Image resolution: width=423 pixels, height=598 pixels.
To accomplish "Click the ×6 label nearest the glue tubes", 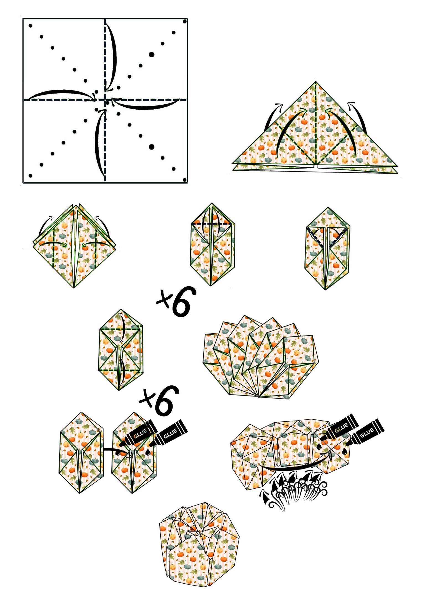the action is click(159, 401).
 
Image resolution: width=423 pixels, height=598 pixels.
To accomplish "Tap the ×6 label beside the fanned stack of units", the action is click(176, 301).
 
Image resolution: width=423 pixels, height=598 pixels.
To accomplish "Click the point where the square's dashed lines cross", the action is click(105, 100).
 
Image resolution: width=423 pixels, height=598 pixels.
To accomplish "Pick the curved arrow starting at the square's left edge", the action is click(61, 92).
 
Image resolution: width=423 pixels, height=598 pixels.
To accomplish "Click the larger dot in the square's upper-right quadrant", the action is click(151, 55).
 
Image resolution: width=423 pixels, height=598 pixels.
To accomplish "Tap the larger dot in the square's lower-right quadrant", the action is click(151, 147).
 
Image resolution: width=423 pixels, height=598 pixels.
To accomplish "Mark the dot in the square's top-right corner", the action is click(185, 21).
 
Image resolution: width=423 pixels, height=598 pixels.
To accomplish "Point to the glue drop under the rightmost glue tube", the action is click(345, 452).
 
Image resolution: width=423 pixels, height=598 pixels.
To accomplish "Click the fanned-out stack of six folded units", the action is click(260, 357).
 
